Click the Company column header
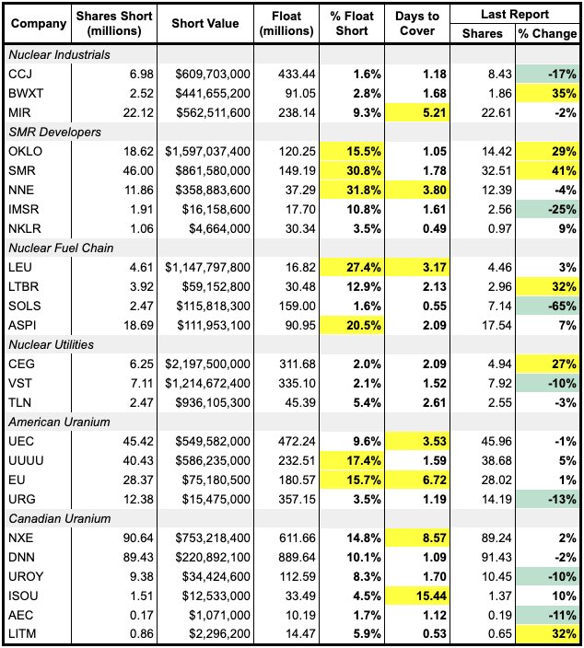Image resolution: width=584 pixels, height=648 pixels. (36, 24)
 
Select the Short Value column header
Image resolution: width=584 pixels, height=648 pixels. (204, 24)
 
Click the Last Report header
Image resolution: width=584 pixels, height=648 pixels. (515, 15)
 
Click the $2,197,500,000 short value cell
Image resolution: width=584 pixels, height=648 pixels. (204, 364)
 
